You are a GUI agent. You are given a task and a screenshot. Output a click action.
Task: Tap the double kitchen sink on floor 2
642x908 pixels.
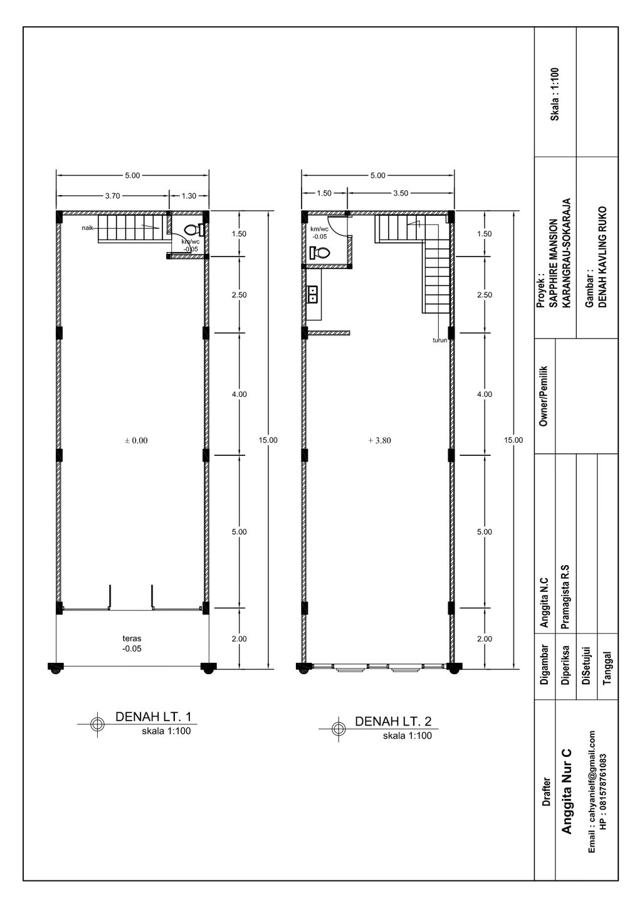(x=313, y=294)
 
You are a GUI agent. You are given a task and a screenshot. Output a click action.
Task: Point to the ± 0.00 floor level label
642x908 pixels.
(x=136, y=440)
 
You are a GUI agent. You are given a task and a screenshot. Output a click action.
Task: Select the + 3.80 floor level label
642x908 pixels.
(x=379, y=440)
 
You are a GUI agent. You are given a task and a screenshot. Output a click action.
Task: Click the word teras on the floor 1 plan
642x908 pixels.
(x=132, y=638)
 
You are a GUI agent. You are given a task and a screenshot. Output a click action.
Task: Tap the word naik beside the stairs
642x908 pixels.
(x=88, y=228)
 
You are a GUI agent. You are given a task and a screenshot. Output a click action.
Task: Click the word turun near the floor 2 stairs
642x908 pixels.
(x=439, y=340)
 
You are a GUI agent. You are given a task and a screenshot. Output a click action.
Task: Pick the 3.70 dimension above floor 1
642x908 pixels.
(x=112, y=196)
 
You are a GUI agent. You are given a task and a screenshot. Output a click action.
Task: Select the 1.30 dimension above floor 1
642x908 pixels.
(x=189, y=196)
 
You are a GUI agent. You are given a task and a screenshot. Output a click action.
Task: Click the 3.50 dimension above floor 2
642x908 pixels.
(x=401, y=193)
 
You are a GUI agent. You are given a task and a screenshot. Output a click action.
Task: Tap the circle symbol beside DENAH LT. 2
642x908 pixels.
(x=339, y=729)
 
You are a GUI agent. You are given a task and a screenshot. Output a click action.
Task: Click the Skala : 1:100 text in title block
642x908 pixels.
(x=555, y=94)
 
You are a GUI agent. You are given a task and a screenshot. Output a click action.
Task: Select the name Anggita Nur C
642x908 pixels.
(x=566, y=791)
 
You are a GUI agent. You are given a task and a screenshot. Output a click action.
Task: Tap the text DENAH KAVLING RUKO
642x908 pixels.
(x=602, y=257)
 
